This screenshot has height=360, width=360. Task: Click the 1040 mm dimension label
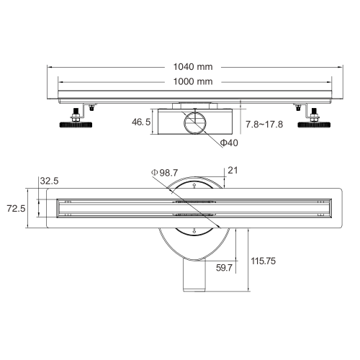pos(193,67)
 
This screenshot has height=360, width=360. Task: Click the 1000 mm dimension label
pos(193,81)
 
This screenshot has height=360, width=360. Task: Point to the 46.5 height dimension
pos(141,122)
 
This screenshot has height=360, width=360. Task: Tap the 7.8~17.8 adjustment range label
pos(264,125)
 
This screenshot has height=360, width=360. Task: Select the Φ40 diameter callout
pos(229,143)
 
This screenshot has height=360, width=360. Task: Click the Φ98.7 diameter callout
pos(165,173)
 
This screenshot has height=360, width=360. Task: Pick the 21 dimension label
pos(233,171)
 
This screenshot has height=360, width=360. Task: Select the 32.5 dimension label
pos(49,181)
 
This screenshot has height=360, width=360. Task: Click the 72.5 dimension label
pos(16,208)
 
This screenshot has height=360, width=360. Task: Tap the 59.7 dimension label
pos(224,268)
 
